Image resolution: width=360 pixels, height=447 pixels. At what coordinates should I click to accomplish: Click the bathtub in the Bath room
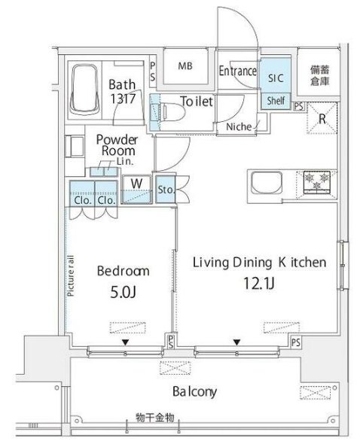84,90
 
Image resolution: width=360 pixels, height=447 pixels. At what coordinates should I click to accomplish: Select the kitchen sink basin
267,183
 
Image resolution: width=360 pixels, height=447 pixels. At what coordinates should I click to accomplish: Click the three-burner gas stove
316,181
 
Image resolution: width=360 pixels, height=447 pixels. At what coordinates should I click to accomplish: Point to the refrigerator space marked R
322,118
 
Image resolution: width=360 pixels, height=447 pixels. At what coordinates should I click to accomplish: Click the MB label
185,66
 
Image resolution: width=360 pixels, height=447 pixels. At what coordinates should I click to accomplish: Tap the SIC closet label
276,78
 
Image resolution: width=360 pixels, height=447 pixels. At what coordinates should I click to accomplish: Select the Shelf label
276,100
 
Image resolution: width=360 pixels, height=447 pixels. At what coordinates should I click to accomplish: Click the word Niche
239,126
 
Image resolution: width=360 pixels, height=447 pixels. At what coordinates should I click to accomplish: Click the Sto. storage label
166,190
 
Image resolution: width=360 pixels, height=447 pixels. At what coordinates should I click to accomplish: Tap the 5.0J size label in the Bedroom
123,292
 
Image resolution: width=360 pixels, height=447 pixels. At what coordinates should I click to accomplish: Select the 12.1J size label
259,283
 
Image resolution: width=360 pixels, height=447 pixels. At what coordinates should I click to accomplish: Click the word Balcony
194,392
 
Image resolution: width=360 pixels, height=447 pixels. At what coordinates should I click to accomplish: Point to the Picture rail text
71,275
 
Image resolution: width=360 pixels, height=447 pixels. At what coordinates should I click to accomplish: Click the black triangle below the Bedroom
125,342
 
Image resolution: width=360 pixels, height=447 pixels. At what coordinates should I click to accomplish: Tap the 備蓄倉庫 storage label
320,75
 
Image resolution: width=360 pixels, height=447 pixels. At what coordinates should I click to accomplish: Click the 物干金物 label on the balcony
155,418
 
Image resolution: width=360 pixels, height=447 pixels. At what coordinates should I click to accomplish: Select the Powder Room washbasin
75,147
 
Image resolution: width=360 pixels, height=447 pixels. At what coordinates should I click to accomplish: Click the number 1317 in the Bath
123,99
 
